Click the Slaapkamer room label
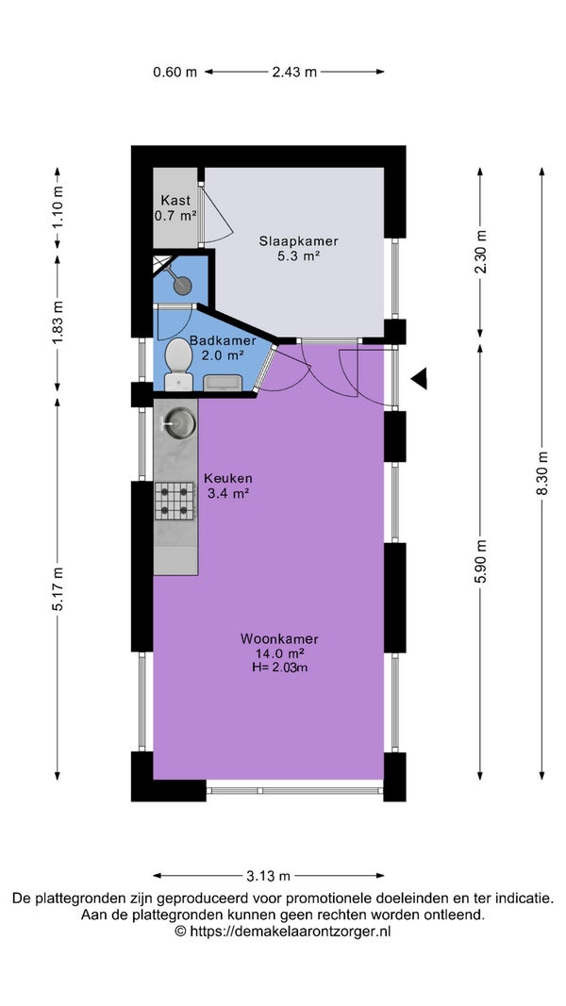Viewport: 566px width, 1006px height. [x=298, y=241]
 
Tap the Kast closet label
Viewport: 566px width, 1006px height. [x=175, y=200]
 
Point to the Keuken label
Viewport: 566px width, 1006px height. [x=227, y=478]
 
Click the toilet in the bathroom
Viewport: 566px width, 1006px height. [x=177, y=363]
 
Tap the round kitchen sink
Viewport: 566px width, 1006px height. [x=175, y=422]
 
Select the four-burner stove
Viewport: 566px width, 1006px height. [x=175, y=501]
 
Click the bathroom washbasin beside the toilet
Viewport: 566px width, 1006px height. [x=223, y=383]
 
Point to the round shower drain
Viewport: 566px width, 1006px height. [x=182, y=285]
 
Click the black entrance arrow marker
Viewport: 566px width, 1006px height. [x=419, y=378]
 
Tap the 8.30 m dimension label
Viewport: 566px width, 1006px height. [x=543, y=473]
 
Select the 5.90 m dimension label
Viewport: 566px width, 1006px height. [x=480, y=560]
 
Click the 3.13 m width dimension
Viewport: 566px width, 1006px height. [x=268, y=875]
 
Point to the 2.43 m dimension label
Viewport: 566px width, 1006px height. [x=294, y=72]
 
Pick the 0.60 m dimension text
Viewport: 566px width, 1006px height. [x=175, y=72]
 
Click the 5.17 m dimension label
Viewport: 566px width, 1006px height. [x=58, y=588]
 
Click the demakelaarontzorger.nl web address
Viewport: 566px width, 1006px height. [x=289, y=931]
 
